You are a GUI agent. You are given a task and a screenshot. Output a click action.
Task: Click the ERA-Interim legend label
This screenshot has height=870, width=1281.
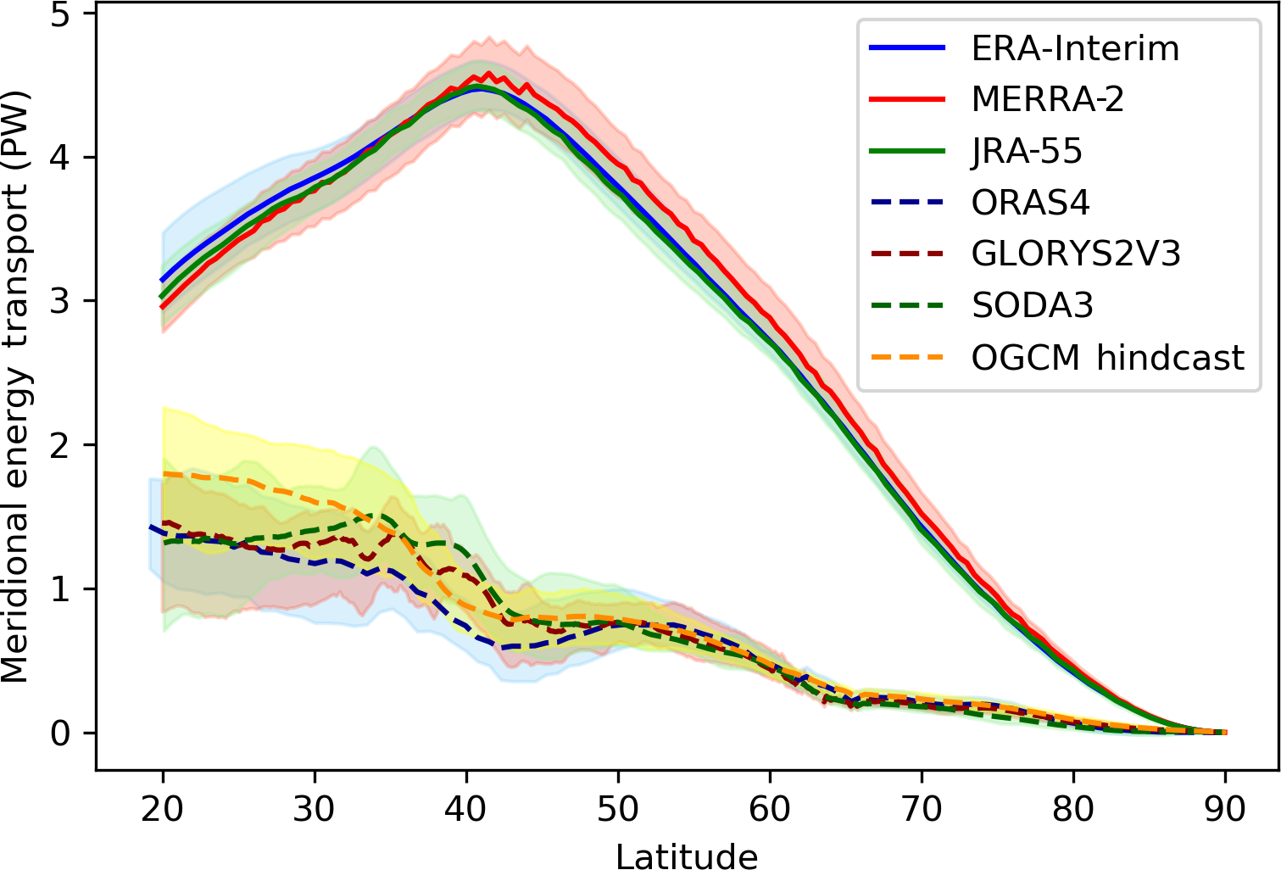point(1075,48)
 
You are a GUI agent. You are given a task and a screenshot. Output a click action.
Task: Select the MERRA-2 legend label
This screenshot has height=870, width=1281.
point(1048,100)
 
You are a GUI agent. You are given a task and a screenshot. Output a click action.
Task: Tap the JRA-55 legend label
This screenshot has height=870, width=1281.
point(1027,152)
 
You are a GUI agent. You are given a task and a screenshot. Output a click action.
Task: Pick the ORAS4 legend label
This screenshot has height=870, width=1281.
point(1030,204)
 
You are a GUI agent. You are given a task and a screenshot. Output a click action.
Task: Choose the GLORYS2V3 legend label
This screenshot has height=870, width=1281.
point(1076,254)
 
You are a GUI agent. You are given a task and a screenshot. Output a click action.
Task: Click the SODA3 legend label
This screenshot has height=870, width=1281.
point(1033,306)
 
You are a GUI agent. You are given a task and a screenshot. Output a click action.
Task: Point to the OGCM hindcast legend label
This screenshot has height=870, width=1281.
point(1107,358)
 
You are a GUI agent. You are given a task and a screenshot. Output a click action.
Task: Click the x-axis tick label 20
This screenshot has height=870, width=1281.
point(162,809)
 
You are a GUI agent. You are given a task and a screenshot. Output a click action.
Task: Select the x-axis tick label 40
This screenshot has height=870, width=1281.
point(465,809)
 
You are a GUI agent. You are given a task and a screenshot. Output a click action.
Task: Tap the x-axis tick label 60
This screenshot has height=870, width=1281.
point(770,809)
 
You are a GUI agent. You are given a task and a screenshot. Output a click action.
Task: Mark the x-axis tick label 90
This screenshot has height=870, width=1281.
point(1225,809)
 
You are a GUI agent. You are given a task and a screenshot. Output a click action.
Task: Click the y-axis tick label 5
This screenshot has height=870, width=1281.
point(60,14)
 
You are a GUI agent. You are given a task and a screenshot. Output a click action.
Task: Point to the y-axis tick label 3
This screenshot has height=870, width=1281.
point(60,302)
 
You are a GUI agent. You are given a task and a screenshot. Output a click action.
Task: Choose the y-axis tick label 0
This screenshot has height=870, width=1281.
point(60,733)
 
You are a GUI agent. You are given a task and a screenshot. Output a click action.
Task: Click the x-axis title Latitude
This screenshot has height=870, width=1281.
point(687,855)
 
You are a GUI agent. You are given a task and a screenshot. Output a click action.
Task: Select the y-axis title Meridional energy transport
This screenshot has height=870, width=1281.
point(17,387)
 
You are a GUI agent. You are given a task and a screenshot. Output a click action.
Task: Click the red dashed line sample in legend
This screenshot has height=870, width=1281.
point(907,254)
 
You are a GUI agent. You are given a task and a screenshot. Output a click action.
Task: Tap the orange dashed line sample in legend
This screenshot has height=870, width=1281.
point(907,358)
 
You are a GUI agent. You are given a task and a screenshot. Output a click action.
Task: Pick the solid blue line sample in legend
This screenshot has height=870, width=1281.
point(907,48)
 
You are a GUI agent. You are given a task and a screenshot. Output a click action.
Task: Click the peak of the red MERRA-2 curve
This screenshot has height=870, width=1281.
point(488,73)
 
